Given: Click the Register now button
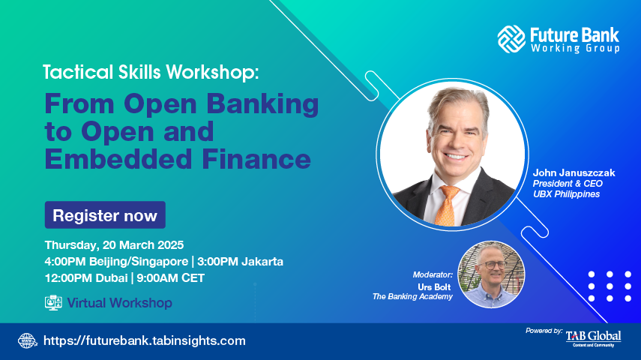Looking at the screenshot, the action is tap(105, 214).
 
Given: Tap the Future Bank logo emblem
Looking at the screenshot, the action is tap(511, 39).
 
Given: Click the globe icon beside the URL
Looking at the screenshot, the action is tap(28, 340).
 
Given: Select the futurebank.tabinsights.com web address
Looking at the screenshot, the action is tap(144, 340).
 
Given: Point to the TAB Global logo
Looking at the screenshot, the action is tap(594, 338).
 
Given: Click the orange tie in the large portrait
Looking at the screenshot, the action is tap(448, 205).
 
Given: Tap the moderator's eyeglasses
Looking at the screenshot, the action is tap(493, 265).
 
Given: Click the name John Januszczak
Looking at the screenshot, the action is tap(574, 172).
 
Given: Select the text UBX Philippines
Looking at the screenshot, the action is tap(566, 194).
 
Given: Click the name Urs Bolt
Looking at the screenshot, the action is tap(434, 286).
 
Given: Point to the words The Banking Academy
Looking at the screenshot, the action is tap(412, 296).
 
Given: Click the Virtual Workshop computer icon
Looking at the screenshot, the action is tap(53, 303).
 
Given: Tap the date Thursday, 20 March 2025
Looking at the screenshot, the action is tap(114, 245).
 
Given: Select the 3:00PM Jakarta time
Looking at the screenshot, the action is tap(240, 262).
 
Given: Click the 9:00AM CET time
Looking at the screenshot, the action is tap(170, 278).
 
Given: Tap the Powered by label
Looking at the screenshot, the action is tap(544, 331).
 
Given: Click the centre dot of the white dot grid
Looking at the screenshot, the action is tap(610, 286).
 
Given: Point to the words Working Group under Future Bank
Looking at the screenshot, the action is tap(575, 48).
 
